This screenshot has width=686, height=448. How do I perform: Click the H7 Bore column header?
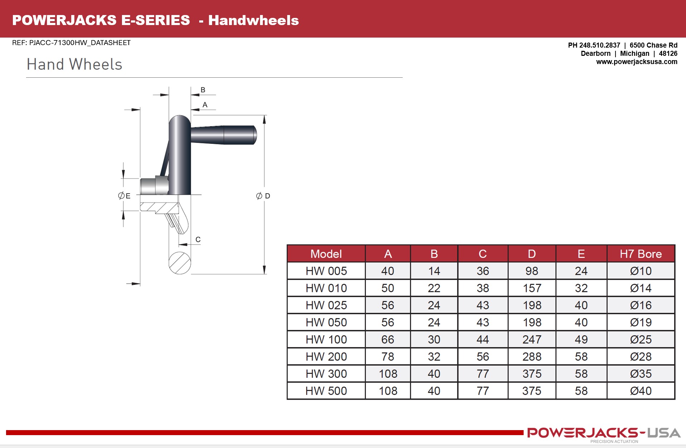tap(641, 254)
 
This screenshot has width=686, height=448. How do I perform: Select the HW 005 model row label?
tap(326, 271)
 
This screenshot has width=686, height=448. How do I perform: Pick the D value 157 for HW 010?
tap(532, 288)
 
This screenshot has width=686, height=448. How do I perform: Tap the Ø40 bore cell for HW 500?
tap(641, 391)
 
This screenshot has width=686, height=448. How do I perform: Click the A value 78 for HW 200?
tap(388, 356)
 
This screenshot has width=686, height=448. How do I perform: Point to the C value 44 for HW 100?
tap(482, 339)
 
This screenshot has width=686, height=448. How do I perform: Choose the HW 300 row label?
tap(326, 374)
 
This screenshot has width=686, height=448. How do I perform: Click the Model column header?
tap(326, 254)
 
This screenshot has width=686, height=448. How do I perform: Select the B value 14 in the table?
tap(434, 271)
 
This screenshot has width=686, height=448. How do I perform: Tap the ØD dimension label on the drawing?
tap(263, 196)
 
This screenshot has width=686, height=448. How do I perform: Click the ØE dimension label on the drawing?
tap(124, 196)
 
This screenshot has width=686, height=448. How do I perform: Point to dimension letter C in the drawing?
tap(198, 239)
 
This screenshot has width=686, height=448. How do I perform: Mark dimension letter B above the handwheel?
tap(203, 90)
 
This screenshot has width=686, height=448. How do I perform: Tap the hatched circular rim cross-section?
tap(180, 263)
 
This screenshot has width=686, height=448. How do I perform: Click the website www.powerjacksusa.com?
tap(636, 62)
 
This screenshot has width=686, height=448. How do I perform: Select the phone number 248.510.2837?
tap(599, 45)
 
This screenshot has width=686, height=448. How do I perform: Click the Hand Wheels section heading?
tap(74, 64)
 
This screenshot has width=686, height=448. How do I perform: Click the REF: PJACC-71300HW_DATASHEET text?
tap(71, 43)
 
